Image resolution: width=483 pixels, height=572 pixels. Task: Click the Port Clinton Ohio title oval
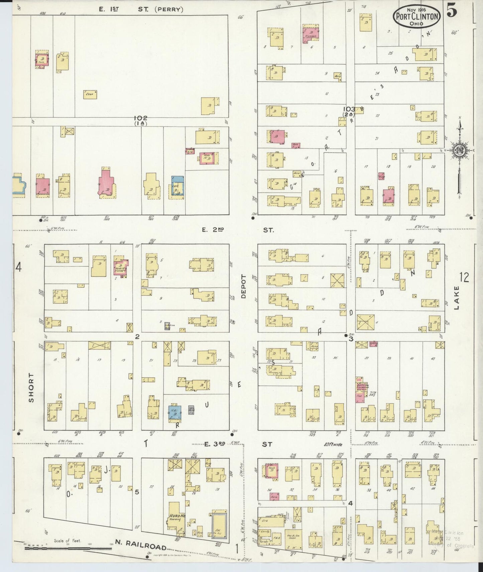pos(416,17)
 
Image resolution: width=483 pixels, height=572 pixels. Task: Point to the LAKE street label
pos(456,298)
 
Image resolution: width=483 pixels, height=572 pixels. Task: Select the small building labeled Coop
pos(90,95)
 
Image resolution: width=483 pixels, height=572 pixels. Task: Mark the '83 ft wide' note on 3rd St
pos(333,445)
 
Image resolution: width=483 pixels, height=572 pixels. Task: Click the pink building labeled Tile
pos(360,396)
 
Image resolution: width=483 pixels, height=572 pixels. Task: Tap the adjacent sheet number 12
pos(464,277)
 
